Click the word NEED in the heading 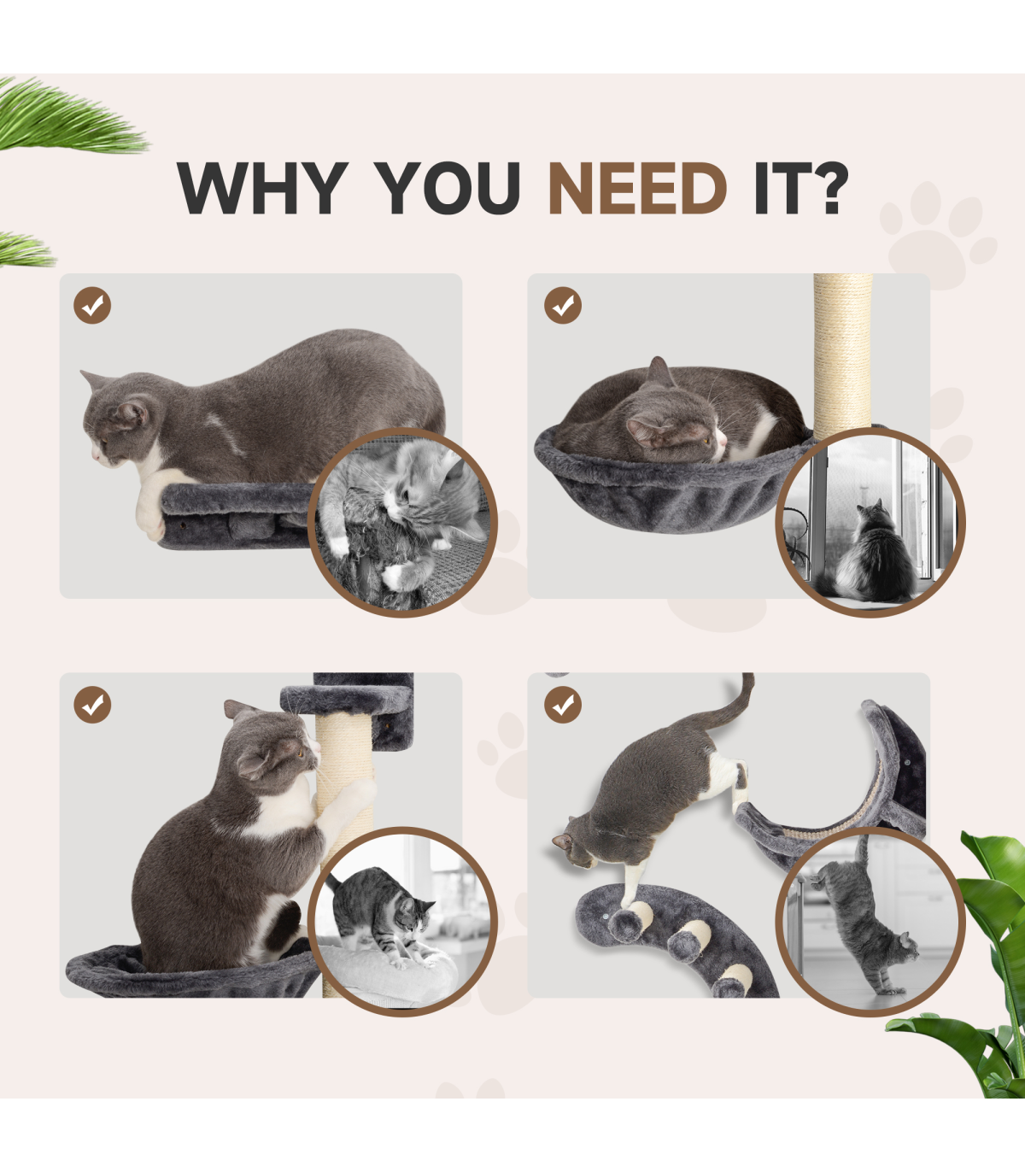pos(637,188)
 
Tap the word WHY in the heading pos(262,188)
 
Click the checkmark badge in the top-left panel pos(92,305)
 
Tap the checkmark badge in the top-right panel pos(563,305)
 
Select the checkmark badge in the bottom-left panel pos(92,705)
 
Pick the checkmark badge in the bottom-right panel pos(563,705)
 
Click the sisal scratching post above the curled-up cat pos(843,355)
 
